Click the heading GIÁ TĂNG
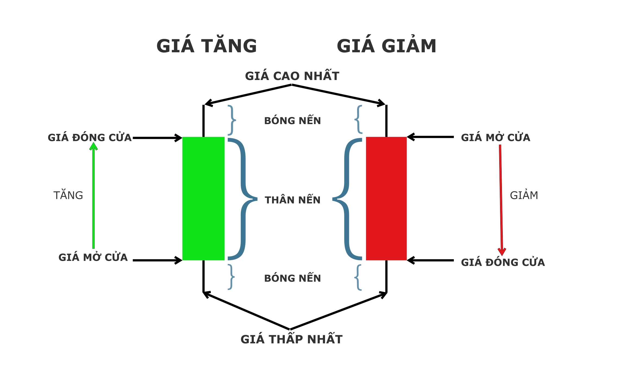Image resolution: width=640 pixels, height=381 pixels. (x=207, y=46)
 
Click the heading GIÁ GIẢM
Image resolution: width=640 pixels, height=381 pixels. (x=386, y=46)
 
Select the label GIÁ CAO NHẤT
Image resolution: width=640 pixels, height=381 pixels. (x=292, y=76)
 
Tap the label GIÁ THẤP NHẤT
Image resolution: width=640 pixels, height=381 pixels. (x=291, y=339)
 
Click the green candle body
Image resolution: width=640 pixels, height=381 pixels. (x=203, y=199)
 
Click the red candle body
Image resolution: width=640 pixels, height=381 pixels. (x=386, y=199)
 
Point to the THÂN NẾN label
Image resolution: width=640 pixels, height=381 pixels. (x=292, y=200)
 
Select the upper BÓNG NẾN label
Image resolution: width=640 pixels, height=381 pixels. (x=292, y=121)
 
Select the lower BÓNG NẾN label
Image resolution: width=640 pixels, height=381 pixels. (x=292, y=278)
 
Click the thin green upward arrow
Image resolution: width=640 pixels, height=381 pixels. (x=93, y=196)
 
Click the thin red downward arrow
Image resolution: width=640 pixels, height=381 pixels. (x=501, y=199)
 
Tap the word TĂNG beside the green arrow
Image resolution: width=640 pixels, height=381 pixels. (x=68, y=195)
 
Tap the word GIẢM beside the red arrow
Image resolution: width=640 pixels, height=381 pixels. (x=524, y=195)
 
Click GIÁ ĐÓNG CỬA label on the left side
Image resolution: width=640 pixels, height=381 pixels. (x=90, y=137)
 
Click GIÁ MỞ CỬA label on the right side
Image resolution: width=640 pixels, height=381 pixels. (x=495, y=137)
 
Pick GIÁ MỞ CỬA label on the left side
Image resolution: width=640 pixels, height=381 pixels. (x=93, y=257)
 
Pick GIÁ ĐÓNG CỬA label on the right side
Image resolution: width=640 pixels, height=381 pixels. (x=503, y=262)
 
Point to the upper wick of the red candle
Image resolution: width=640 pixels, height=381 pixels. (x=386, y=121)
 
